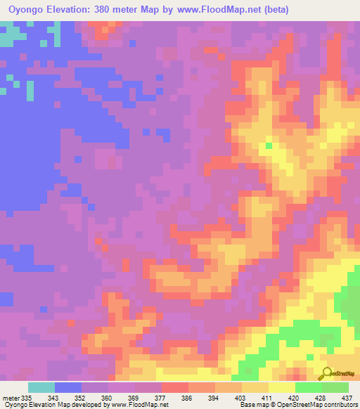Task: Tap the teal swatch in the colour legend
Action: (41, 387)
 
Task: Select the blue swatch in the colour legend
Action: (67, 387)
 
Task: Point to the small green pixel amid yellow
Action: (269, 145)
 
